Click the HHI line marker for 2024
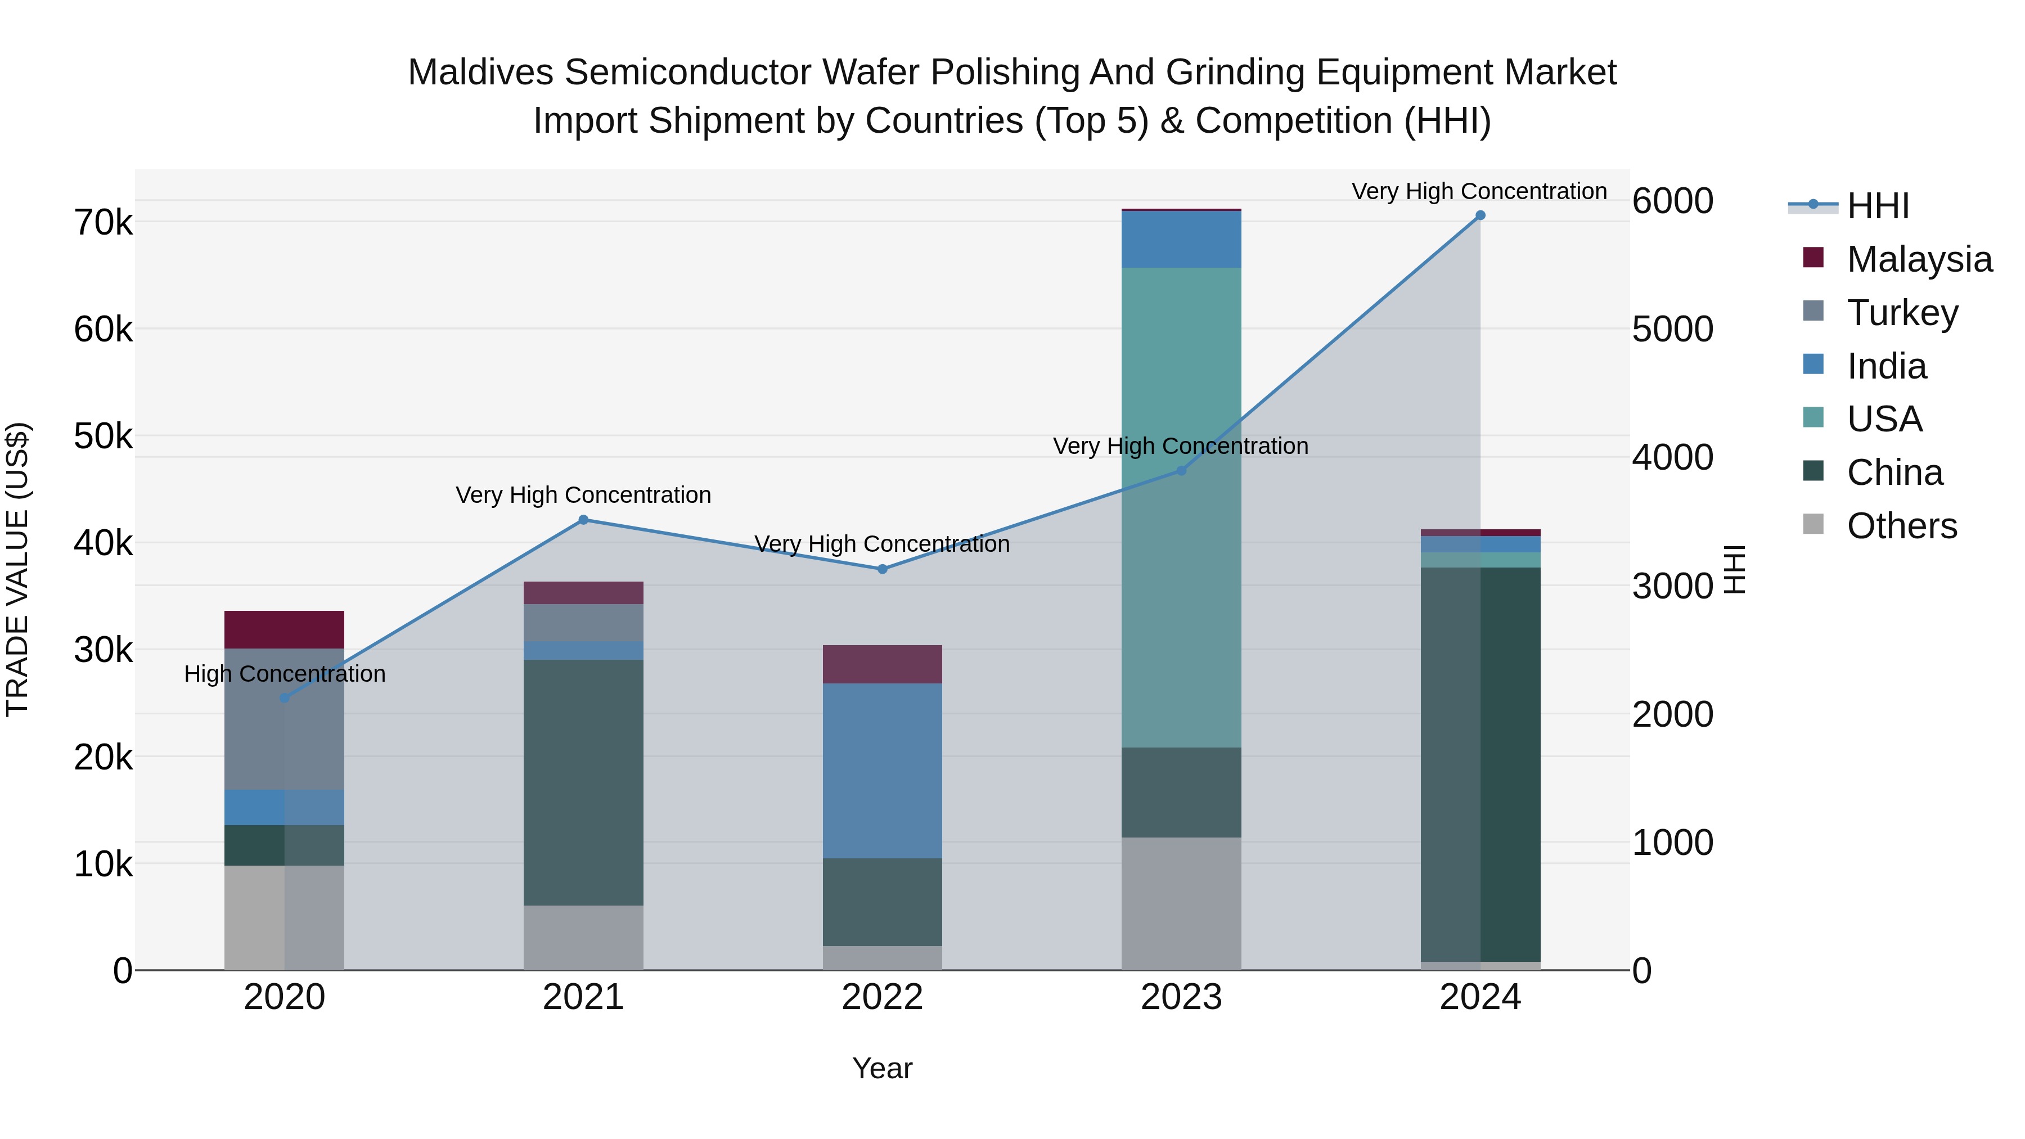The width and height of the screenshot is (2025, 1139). tap(1480, 215)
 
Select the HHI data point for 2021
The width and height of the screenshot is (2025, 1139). tap(583, 520)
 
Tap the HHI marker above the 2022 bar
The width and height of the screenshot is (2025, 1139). tap(882, 569)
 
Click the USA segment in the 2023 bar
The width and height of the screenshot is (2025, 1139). tap(1181, 507)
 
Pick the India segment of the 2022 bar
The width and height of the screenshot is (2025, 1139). tap(882, 771)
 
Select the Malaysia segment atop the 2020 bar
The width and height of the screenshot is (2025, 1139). tap(284, 629)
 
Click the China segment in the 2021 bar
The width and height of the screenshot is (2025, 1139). tap(583, 782)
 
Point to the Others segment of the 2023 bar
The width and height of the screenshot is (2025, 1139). tap(1181, 903)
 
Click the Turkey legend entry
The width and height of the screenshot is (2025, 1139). tap(1902, 313)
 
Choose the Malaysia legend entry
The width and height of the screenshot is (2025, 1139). tap(1919, 259)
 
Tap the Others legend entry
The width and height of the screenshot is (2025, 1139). tap(1901, 526)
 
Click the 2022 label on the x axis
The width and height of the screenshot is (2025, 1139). tap(882, 997)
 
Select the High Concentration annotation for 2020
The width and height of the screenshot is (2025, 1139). tap(285, 674)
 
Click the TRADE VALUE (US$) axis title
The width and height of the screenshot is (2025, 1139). tap(17, 569)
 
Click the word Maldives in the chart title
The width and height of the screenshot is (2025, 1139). tap(481, 73)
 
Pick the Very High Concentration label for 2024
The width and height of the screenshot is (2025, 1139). tap(1479, 191)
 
